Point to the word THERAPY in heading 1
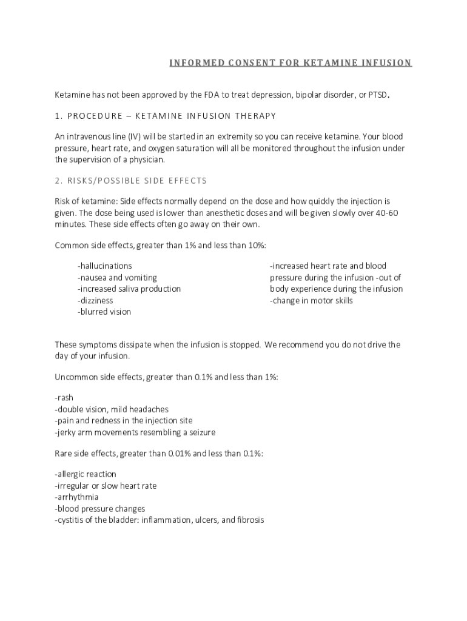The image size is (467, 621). pyautogui.click(x=257, y=116)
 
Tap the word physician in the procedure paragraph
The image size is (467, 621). pyautogui.click(x=148, y=159)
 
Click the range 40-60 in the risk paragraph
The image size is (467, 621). pyautogui.click(x=386, y=213)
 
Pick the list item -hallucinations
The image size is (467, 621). pyautogui.click(x=104, y=266)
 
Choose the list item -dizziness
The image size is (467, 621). pyautogui.click(x=95, y=300)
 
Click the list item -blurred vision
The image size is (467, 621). pyautogui.click(x=104, y=312)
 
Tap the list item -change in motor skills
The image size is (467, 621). pyautogui.click(x=311, y=300)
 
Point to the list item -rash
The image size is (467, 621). pyautogui.click(x=65, y=398)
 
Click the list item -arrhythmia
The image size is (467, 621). pyautogui.click(x=77, y=497)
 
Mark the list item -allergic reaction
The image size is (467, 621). pyautogui.click(x=86, y=474)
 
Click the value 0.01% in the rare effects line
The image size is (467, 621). pyautogui.click(x=180, y=454)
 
